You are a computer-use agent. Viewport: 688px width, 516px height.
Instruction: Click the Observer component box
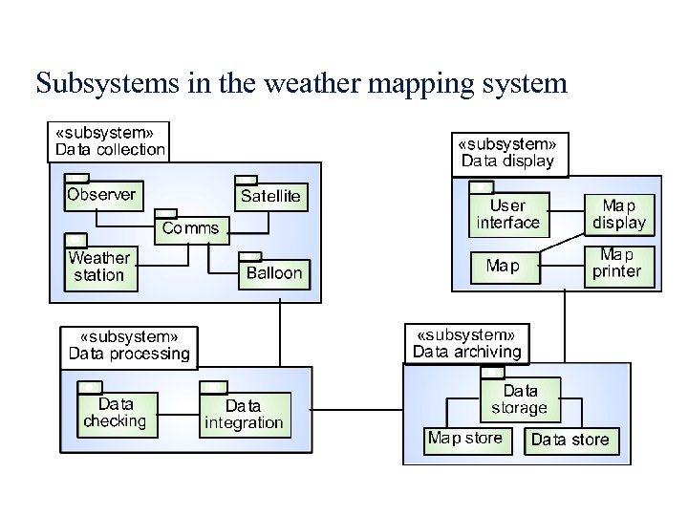point(101,195)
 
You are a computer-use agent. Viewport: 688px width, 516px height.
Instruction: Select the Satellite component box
point(270,196)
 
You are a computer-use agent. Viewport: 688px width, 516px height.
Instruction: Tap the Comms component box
point(190,227)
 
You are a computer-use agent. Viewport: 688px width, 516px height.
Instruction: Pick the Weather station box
point(98,267)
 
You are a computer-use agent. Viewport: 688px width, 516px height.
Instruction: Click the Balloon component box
point(273,272)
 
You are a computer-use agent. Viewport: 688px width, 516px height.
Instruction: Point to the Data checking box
point(116,413)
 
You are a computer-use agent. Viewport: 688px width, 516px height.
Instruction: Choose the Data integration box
point(241,415)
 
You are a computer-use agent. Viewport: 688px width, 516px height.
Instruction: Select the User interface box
point(507,215)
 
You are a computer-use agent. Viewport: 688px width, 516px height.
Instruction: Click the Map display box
point(619,215)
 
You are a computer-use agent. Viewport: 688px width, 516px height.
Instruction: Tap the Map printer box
point(617,264)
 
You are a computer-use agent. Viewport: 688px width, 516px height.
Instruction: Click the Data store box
point(570,440)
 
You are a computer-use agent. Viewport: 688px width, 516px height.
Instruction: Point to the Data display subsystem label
point(507,152)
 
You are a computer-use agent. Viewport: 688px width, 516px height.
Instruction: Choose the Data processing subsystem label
point(129,345)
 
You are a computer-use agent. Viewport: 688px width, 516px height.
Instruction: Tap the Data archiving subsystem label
point(466,343)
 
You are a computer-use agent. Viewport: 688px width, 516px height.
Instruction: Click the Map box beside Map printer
point(503,265)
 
